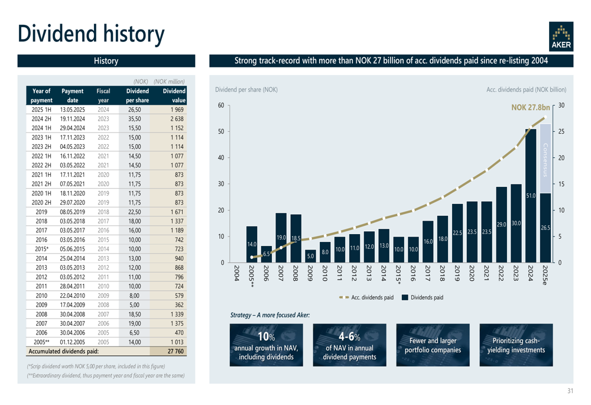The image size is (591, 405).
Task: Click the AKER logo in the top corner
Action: (x=560, y=37)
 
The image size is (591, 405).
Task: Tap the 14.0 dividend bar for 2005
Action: (x=252, y=244)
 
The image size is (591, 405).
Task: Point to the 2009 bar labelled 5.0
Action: (x=310, y=255)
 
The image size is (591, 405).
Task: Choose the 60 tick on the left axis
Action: (x=220, y=106)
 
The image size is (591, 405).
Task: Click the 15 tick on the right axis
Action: (x=561, y=184)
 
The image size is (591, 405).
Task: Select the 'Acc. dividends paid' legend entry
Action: (x=366, y=297)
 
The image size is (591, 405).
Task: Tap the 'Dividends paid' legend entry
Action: (x=422, y=297)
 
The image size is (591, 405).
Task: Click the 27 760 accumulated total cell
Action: (x=176, y=351)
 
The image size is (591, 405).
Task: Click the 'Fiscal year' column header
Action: (x=103, y=96)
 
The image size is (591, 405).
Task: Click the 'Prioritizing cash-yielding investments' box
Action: (x=516, y=345)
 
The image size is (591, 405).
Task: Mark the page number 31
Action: (x=570, y=390)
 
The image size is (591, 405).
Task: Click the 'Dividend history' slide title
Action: (x=91, y=33)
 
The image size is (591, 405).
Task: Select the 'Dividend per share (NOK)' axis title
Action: (x=246, y=89)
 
